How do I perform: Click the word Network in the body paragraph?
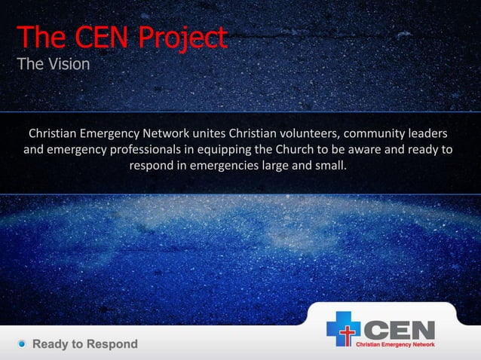pos(176,134)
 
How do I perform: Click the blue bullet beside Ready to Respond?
pos(23,344)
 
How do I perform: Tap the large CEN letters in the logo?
pos(400,328)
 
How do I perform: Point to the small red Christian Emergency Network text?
pos(395,344)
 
